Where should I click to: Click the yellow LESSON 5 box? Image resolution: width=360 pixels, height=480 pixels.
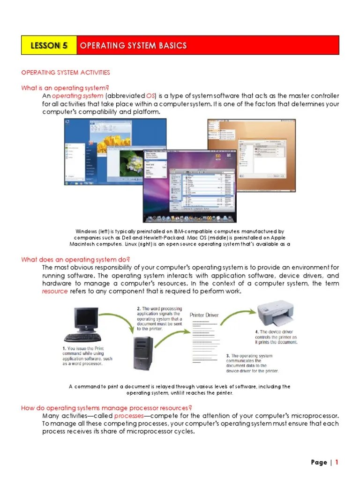49,45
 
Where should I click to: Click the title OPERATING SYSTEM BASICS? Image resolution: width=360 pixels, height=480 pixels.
134,45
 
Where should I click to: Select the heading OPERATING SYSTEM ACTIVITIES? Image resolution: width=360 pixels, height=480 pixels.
66,72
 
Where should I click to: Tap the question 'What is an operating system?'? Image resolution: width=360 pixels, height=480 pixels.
65,88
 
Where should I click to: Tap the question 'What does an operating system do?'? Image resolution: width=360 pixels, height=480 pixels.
75,259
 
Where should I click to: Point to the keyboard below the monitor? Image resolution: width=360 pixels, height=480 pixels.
82,337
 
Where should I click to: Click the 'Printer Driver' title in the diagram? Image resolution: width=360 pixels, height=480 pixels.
204,315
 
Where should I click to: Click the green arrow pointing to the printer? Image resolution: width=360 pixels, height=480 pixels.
234,315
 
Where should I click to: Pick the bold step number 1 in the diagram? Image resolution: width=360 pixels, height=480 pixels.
64,348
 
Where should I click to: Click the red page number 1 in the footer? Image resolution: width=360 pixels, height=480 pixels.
336,462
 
